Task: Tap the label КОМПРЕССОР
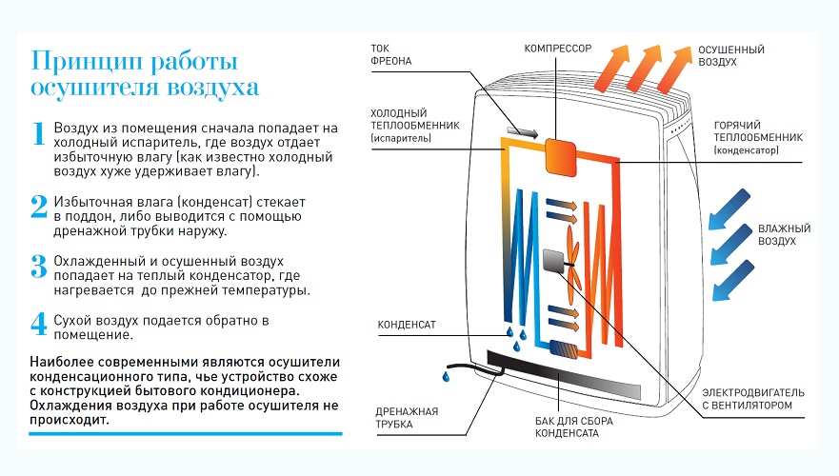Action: coord(558,47)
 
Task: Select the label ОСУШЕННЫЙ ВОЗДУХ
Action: coord(730,55)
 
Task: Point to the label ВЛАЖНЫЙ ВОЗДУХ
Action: coord(784,235)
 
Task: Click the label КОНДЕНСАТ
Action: coord(407,325)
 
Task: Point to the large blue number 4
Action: coord(39,324)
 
